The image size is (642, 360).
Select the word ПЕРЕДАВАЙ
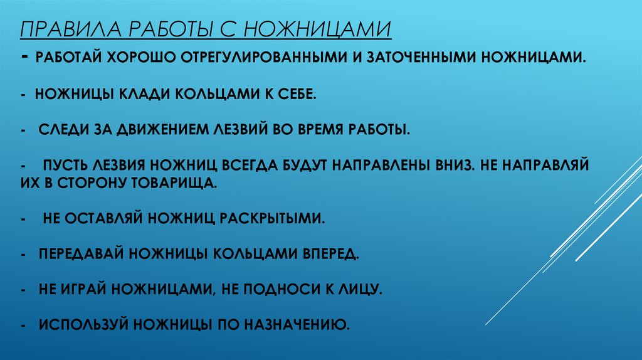click(x=80, y=255)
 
